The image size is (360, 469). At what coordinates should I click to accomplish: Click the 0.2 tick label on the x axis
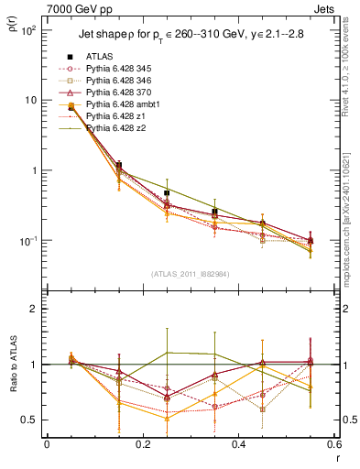pyautogui.click(x=142, y=444)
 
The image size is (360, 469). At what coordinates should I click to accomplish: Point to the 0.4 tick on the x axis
pyautogui.click(x=238, y=444)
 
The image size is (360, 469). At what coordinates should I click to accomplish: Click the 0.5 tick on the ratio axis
pyautogui.click(x=29, y=420)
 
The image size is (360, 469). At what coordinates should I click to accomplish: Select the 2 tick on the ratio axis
pyautogui.click(x=34, y=309)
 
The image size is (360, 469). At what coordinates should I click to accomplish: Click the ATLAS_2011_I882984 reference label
pyautogui.click(x=190, y=273)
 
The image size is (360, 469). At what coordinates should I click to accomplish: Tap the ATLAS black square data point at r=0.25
pyautogui.click(x=167, y=193)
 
